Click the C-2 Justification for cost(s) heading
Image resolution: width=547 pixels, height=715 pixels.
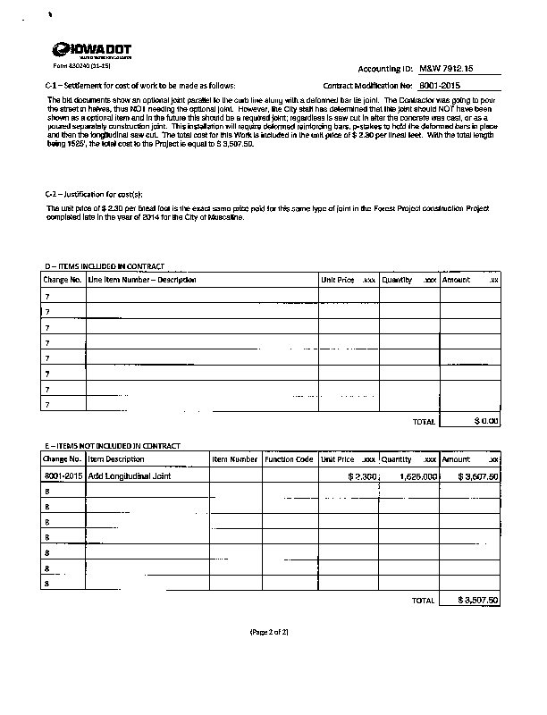(93, 194)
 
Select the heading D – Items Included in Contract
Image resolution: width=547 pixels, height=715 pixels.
(105, 266)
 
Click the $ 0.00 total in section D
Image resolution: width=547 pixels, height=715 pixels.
(486, 421)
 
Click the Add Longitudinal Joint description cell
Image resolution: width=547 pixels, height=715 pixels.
(129, 476)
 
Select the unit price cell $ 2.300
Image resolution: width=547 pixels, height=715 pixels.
(363, 476)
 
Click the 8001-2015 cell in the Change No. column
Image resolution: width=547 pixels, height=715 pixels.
(63, 476)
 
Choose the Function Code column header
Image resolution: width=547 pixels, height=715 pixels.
(289, 458)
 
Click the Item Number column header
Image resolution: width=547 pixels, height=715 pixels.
(235, 458)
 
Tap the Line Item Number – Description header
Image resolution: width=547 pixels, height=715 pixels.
(141, 280)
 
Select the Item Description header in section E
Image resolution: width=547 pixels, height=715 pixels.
(116, 458)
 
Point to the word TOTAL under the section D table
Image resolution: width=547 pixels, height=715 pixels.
(423, 421)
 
